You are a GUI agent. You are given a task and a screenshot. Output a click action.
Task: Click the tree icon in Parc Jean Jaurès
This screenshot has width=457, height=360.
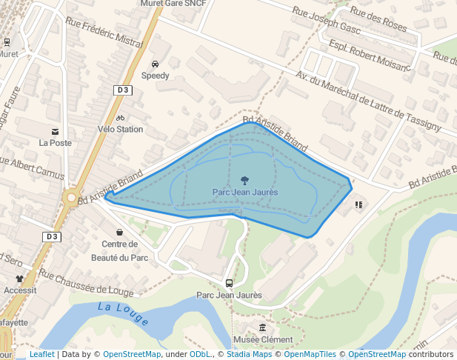pyautogui.click(x=244, y=180)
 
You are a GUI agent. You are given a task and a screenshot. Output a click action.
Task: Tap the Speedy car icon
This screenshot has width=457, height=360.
pyautogui.click(x=156, y=64)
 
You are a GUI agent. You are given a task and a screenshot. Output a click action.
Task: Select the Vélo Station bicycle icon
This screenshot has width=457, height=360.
pyautogui.click(x=120, y=118)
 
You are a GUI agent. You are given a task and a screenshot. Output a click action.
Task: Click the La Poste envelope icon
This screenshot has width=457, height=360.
pyautogui.click(x=56, y=131)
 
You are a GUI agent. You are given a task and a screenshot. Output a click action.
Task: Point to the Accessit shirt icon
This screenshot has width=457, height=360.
pyautogui.click(x=20, y=279)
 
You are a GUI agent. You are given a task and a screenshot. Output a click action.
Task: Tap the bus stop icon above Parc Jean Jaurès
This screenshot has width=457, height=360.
pyautogui.click(x=229, y=283)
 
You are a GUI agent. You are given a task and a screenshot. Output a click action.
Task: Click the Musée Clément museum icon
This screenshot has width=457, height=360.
pyautogui.click(x=262, y=327)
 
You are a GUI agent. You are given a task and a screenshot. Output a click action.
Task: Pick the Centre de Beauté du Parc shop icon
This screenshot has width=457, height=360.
pyautogui.click(x=119, y=233)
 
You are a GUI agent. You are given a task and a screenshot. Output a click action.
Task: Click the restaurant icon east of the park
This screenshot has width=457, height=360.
pyautogui.click(x=358, y=204)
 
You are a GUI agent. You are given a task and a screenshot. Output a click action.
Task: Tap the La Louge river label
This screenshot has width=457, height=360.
pyautogui.click(x=123, y=315)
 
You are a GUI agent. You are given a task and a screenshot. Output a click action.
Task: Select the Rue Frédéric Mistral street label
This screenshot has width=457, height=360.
pyautogui.click(x=104, y=33)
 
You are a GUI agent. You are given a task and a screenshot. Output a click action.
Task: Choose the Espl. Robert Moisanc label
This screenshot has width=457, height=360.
pyautogui.click(x=368, y=57)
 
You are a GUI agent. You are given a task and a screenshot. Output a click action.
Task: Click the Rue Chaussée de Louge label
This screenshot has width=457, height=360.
pyautogui.click(x=87, y=282)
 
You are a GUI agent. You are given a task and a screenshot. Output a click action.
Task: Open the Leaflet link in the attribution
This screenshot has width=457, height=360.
pyautogui.click(x=41, y=355)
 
